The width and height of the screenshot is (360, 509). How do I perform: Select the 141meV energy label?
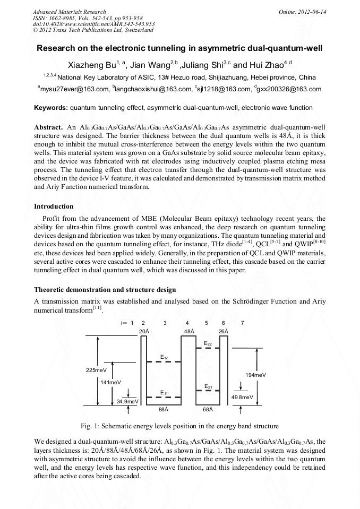[x=110, y=382]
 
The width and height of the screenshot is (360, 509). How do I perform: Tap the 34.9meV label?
[x=128, y=401]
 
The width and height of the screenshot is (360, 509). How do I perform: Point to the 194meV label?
[x=255, y=375]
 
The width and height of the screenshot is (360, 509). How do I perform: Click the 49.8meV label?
[x=242, y=397]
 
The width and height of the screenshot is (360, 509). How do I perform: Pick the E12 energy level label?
[x=165, y=357]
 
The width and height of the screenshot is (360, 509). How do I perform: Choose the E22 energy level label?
[x=208, y=344]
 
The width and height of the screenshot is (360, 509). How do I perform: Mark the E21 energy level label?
[x=208, y=386]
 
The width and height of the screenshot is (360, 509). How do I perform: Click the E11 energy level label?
[x=165, y=392]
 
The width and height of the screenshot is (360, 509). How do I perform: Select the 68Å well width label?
[x=208, y=409]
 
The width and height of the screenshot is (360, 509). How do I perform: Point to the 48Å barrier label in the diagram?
[x=188, y=331]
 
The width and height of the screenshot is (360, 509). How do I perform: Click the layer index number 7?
[x=243, y=323]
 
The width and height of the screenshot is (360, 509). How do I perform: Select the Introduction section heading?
[x=54, y=206]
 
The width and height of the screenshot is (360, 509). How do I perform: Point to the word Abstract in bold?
[x=48, y=128]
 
